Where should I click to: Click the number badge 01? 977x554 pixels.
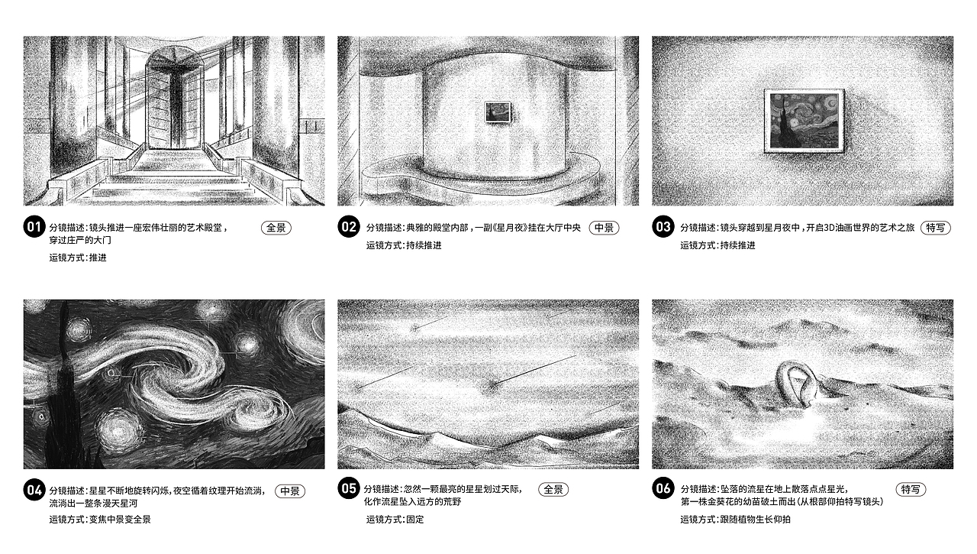click(34, 228)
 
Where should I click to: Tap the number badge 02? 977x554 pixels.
click(349, 228)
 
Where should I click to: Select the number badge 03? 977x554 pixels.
click(663, 228)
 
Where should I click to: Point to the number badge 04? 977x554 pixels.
click(34, 491)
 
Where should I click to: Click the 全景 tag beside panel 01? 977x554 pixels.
click(276, 228)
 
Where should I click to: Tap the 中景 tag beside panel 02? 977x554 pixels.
click(604, 228)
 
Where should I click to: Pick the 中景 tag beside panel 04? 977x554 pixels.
click(289, 491)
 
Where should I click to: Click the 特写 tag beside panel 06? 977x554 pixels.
click(910, 490)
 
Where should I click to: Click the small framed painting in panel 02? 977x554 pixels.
click(498, 112)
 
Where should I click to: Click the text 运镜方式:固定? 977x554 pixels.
click(395, 520)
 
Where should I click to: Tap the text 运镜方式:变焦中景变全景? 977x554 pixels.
click(94, 520)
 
